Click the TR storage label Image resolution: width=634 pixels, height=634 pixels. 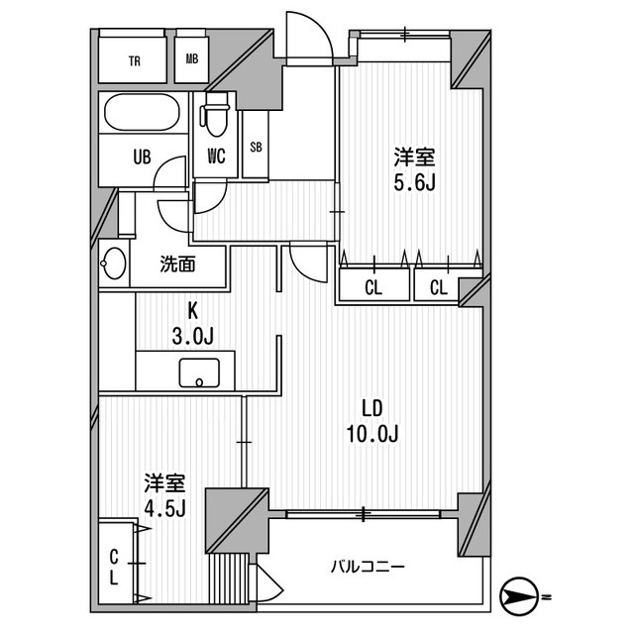tap(134, 59)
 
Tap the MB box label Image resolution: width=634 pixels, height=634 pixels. tap(191, 59)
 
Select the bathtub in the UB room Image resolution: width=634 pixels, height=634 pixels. tap(142, 114)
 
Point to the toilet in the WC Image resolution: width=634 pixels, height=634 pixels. tap(214, 117)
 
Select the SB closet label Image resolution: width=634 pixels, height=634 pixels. tap(256, 148)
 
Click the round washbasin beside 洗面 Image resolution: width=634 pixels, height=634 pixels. tap(113, 264)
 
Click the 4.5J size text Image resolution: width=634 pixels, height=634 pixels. tap(164, 508)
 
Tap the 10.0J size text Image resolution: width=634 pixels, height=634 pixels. tap(371, 433)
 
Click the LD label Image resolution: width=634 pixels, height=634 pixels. tap(371, 407)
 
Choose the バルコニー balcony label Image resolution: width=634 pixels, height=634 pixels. tap(368, 567)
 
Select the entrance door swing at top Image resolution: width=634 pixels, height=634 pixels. tap(307, 38)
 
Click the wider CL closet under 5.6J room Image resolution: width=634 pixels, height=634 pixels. tap(372, 287)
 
